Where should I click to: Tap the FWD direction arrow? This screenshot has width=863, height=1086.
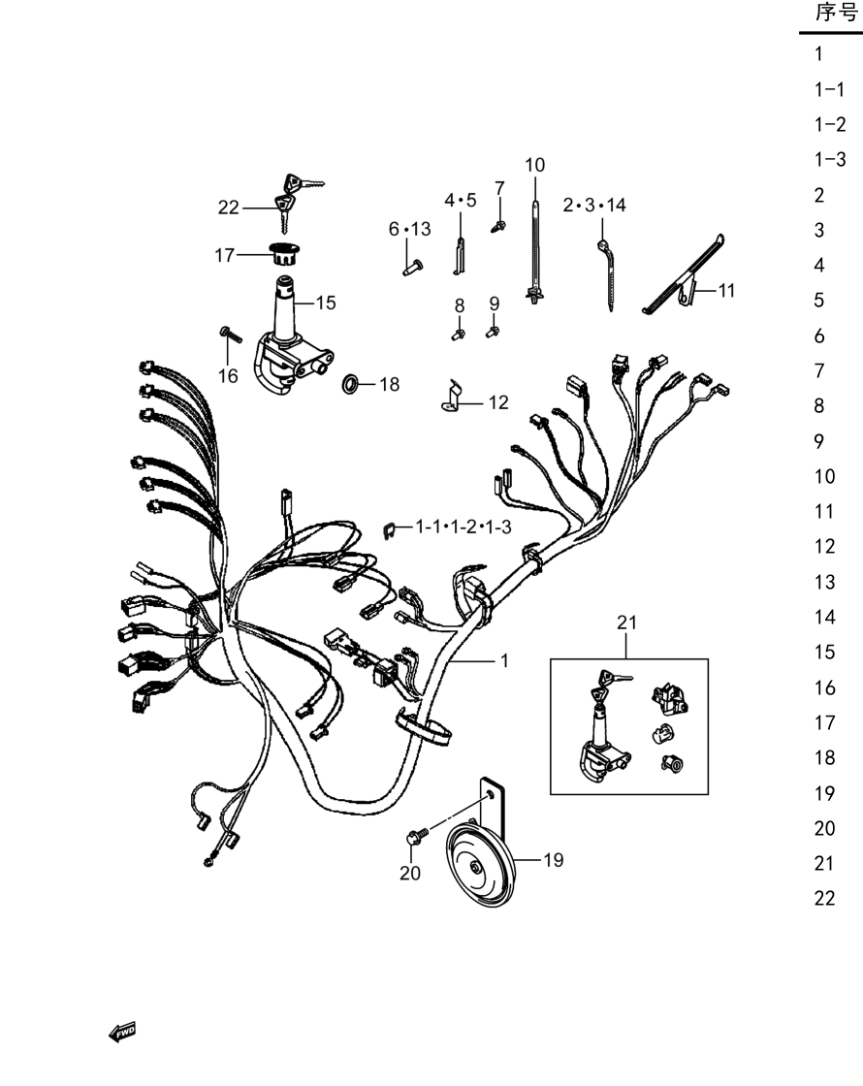122,1032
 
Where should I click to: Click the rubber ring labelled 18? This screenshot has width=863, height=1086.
351,383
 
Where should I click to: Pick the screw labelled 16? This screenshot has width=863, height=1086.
231,334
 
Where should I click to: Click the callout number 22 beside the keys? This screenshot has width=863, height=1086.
229,208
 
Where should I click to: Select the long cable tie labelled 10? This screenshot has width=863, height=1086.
535,253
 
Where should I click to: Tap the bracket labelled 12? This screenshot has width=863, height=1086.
451,396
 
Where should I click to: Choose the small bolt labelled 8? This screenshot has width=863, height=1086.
458,335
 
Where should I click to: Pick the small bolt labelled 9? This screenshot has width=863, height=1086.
493,332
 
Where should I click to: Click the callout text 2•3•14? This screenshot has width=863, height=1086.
594,205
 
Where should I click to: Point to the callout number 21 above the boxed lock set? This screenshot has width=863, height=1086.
626,623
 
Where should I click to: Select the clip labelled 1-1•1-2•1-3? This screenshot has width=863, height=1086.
389,529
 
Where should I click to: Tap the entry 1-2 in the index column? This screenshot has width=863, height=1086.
830,125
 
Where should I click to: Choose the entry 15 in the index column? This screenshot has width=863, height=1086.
825,652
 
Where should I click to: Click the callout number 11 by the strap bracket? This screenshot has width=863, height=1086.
726,290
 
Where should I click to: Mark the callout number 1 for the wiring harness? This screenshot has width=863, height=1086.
505,660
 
